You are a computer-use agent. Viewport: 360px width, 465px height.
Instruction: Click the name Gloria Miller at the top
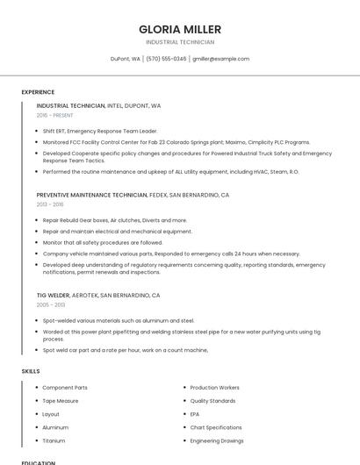180,29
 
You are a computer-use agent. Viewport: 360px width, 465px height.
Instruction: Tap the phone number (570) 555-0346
166,59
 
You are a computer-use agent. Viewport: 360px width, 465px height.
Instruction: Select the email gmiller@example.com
220,59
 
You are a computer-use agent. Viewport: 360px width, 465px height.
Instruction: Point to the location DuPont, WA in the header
126,59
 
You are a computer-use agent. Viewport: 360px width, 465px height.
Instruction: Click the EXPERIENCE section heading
38,92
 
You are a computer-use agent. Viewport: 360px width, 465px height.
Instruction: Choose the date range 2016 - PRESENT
55,115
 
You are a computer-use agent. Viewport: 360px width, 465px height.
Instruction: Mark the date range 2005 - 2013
51,304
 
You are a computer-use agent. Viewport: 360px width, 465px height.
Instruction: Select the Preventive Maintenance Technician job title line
133,195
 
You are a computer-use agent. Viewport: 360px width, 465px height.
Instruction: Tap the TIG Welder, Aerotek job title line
98,295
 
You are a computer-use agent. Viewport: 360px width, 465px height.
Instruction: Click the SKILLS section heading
31,371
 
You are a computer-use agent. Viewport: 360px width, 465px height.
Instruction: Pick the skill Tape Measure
61,401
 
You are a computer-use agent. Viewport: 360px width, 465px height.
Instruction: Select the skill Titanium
54,440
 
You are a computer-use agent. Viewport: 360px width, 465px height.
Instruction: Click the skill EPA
195,414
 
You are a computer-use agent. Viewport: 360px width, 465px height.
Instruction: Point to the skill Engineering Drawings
217,440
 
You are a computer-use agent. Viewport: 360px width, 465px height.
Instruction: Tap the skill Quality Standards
212,401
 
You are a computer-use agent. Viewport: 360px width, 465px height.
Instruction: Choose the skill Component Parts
65,388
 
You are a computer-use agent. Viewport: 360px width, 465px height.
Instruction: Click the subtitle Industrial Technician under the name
180,42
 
